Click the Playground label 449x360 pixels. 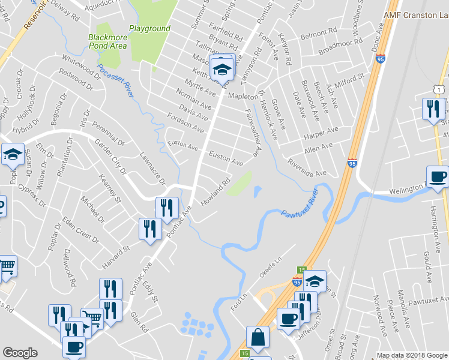pos(150,28)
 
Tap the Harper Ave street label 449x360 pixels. pos(321,131)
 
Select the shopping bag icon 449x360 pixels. pos(258,338)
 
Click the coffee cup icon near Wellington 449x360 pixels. pos(438,176)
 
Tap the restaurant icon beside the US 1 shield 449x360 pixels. pos(432,109)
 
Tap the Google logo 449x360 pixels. pos(20,353)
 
